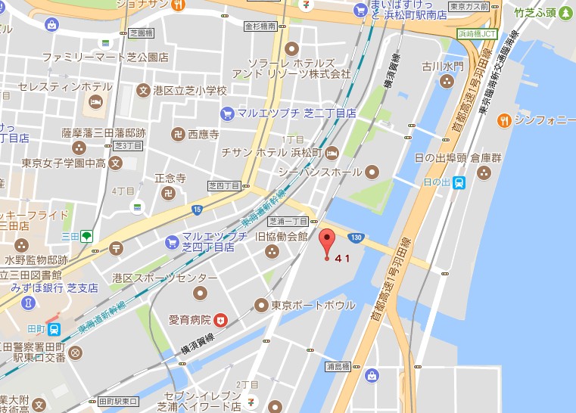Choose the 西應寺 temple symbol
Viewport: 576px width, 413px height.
click(x=175, y=135)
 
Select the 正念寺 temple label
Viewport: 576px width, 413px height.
click(x=170, y=178)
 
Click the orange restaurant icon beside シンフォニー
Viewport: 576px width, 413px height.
click(x=503, y=120)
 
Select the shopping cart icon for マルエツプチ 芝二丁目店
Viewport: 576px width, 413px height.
click(x=226, y=113)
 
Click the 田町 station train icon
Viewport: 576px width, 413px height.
click(x=54, y=329)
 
